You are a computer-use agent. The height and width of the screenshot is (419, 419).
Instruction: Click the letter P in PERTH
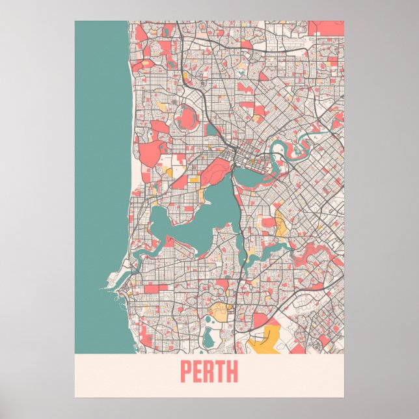coord(186,373)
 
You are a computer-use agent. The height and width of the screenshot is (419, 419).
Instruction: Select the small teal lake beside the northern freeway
coord(212,129)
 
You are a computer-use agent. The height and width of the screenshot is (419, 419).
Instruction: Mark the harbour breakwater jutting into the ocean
coord(108,286)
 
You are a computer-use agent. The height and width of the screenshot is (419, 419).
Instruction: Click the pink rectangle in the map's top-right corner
coord(326,27)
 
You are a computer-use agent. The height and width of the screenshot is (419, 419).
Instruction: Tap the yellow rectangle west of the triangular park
coord(169,172)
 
